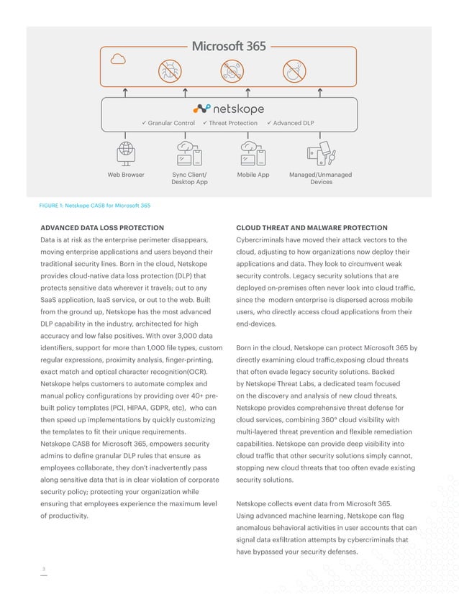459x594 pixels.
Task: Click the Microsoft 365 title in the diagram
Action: coord(229,46)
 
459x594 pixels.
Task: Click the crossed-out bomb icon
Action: coord(292,70)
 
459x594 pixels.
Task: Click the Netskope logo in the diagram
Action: coord(229,109)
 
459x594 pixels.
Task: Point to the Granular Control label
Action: coord(168,124)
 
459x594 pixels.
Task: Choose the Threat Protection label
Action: coord(230,124)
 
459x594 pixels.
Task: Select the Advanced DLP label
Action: coord(291,124)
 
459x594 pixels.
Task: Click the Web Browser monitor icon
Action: coord(126,153)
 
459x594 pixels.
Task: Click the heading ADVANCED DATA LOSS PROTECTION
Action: coord(101,228)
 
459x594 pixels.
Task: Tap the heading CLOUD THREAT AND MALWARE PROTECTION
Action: coord(312,228)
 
